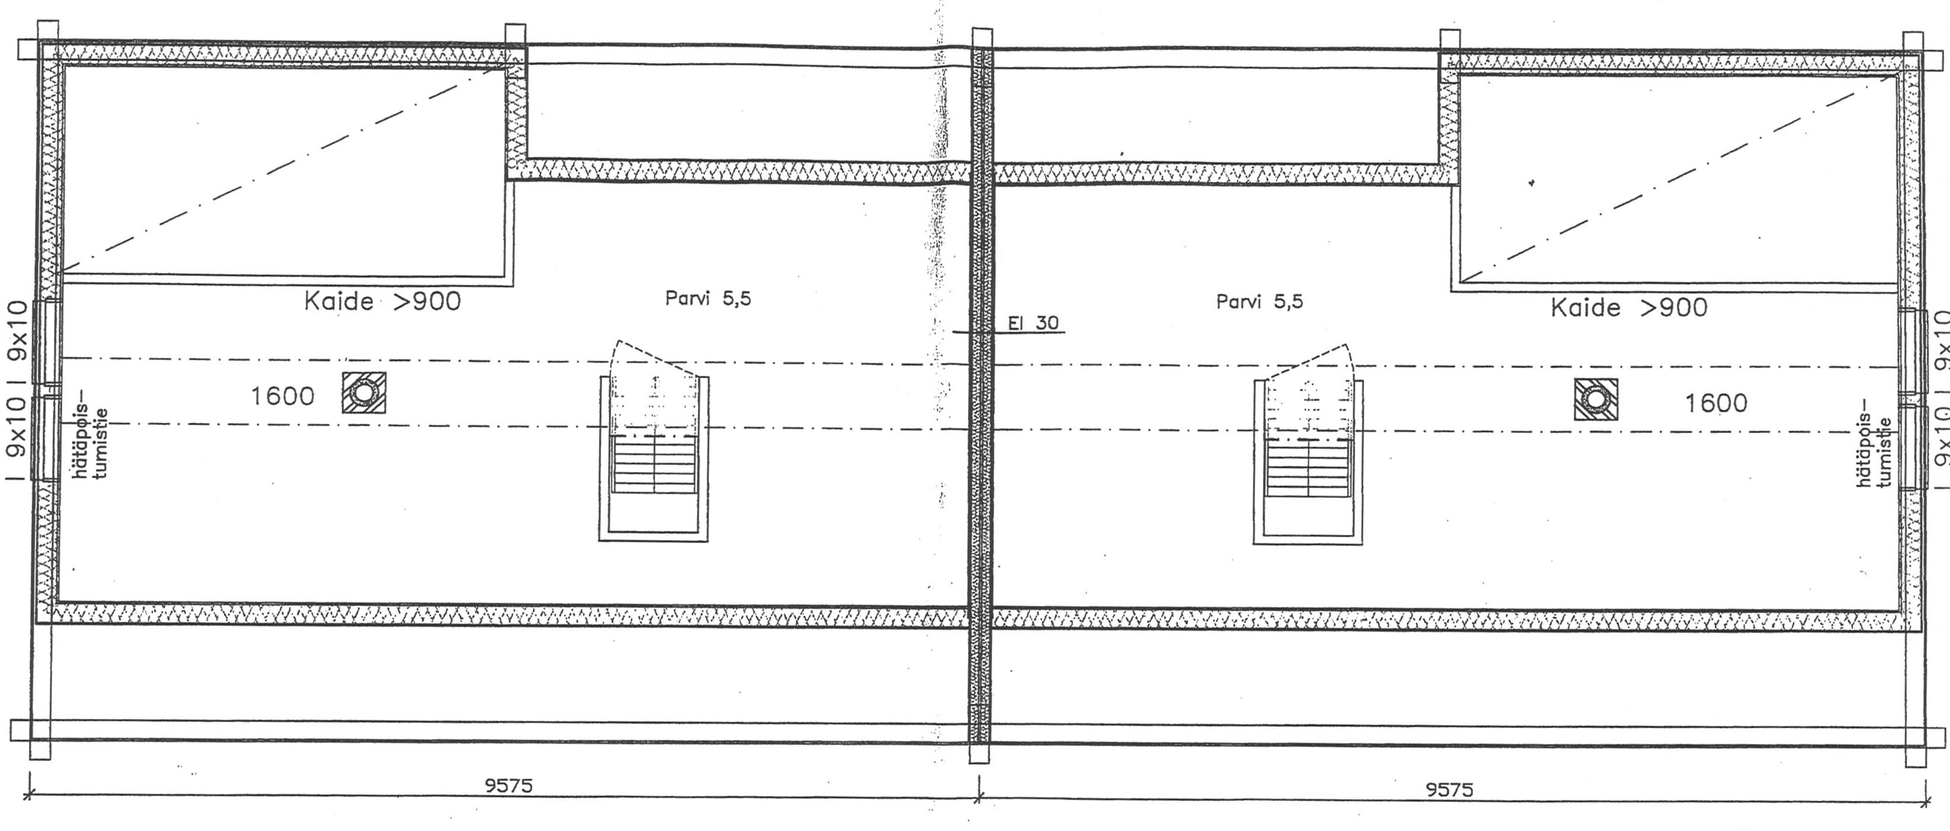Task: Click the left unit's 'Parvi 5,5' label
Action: click(x=708, y=299)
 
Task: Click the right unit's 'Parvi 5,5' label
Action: click(x=1259, y=302)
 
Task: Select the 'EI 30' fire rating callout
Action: click(x=1033, y=323)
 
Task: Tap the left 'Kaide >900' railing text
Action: click(x=382, y=301)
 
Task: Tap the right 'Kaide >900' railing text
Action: click(x=1629, y=307)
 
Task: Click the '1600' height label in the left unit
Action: click(x=283, y=396)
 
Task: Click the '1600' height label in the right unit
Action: click(x=1715, y=403)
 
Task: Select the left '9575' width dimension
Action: click(x=509, y=785)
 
